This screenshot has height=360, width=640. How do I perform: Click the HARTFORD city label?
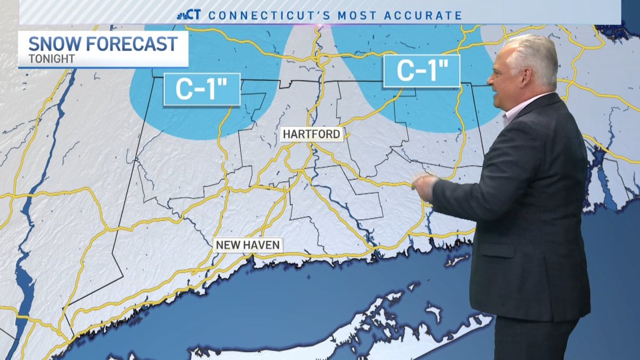(x=311, y=134)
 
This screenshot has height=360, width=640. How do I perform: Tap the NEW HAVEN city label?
(x=247, y=245)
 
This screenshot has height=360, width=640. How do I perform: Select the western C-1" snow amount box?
(x=202, y=90)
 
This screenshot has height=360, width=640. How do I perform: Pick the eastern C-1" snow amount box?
(x=422, y=71)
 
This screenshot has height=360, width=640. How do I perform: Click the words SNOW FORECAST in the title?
(x=103, y=44)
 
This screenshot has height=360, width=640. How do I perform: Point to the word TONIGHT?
(x=51, y=59)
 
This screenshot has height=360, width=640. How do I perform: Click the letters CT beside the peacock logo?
(x=195, y=15)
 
